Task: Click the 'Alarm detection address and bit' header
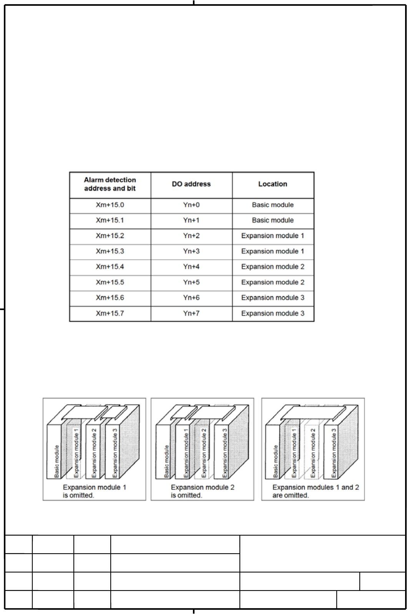[x=110, y=184]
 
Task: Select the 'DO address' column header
[x=191, y=184]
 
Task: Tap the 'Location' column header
[x=273, y=184]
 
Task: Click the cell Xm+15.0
[x=110, y=205]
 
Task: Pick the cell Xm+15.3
[x=110, y=251]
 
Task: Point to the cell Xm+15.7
[x=110, y=313]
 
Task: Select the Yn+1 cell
[x=191, y=220]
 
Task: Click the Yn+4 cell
[x=191, y=267]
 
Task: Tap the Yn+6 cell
[x=191, y=298]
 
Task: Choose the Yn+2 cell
[x=191, y=236]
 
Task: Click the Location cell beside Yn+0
[x=273, y=205]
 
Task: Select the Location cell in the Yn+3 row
[x=273, y=251]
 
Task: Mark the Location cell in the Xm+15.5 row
[x=273, y=282]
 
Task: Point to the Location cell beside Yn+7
[x=273, y=313]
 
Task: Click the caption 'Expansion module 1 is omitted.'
[x=94, y=491]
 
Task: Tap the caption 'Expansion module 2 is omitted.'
[x=202, y=491]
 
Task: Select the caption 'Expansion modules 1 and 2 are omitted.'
[x=316, y=491]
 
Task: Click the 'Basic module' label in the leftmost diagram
[x=57, y=461]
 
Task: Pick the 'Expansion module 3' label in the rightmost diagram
[x=334, y=453]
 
